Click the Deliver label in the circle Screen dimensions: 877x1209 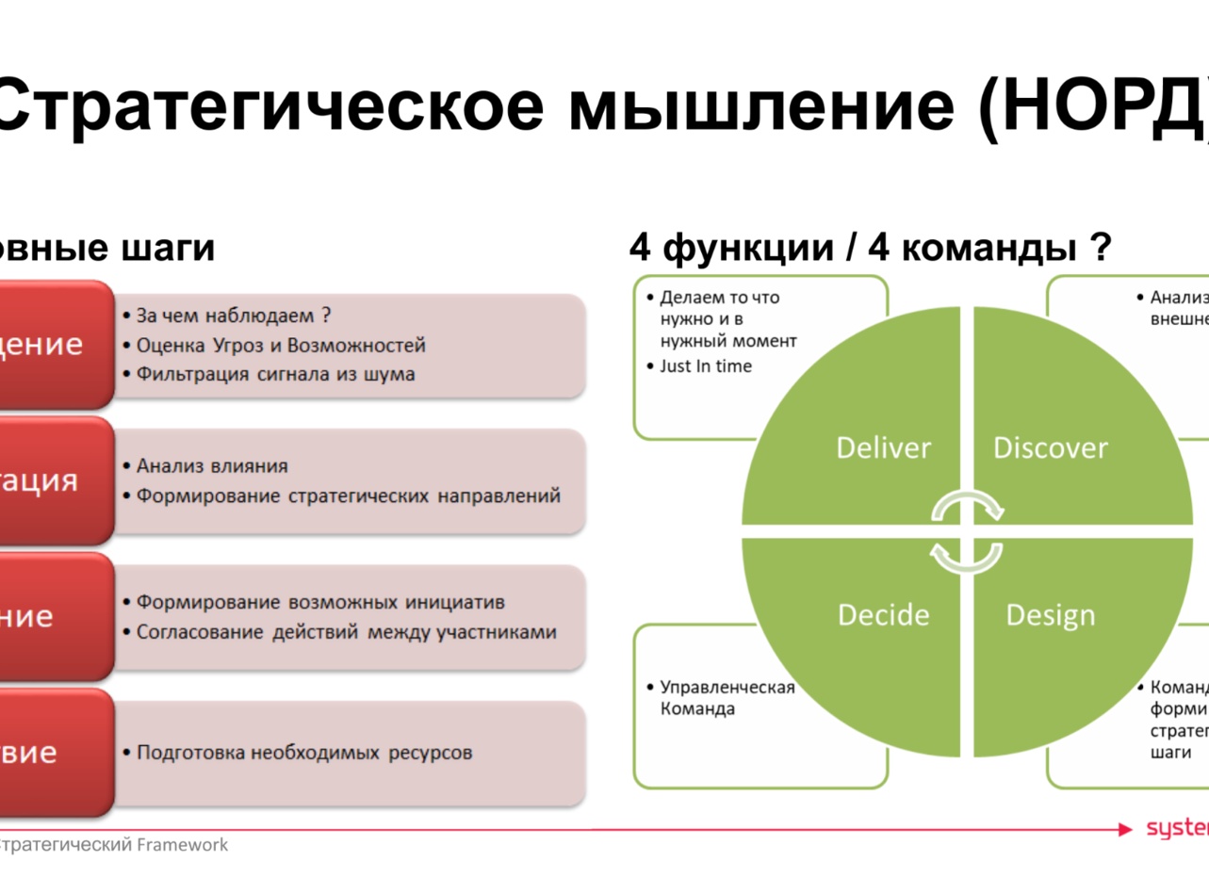pyautogui.click(x=883, y=447)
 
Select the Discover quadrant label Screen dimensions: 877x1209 pyautogui.click(x=1051, y=447)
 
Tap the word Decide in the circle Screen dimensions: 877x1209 pyautogui.click(x=883, y=615)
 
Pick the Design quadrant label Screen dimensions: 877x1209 pyautogui.click(x=1051, y=615)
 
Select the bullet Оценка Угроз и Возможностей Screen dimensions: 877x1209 pyautogui.click(x=281, y=345)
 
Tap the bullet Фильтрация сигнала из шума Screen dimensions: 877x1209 pyautogui.click(x=275, y=374)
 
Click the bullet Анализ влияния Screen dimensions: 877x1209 pyautogui.click(x=212, y=465)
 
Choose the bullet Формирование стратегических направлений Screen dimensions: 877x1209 pyautogui.click(x=348, y=495)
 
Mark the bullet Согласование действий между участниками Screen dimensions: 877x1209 pyautogui.click(x=346, y=631)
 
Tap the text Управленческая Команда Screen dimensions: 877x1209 pyautogui.click(x=727, y=698)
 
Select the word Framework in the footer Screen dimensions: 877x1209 pyautogui.click(x=183, y=845)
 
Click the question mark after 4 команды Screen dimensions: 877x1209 pyautogui.click(x=1099, y=249)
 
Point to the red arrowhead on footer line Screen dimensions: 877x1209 pyautogui.click(x=1124, y=830)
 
